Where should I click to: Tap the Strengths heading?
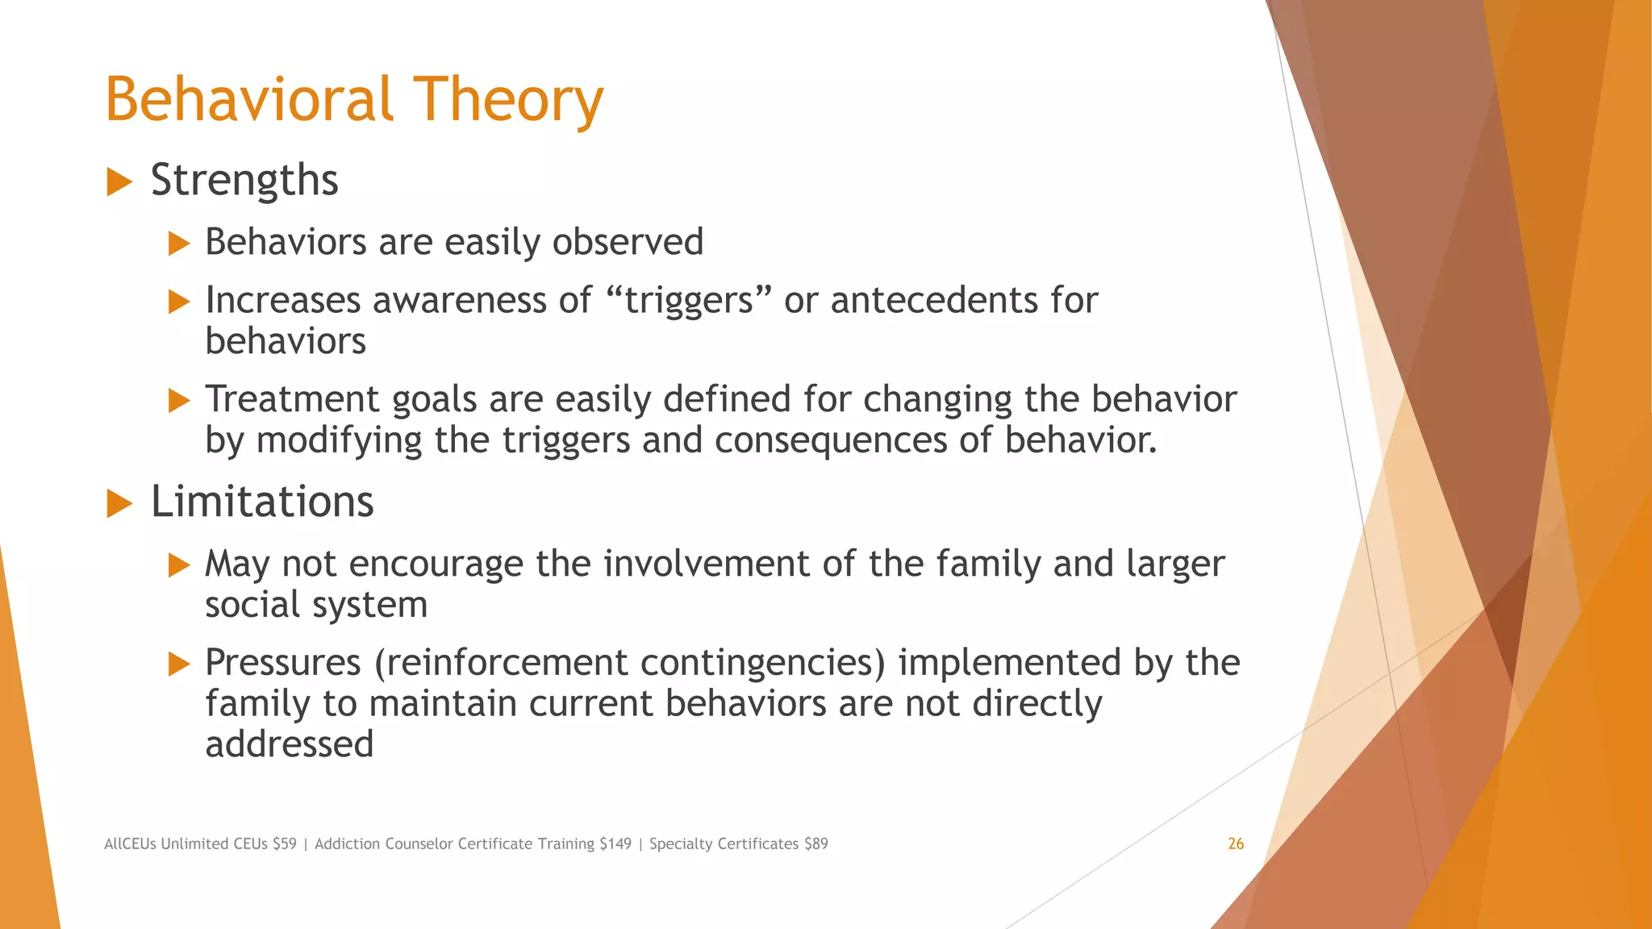click(244, 180)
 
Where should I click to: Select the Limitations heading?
click(262, 502)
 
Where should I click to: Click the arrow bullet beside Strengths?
click(119, 182)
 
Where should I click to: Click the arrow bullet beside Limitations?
click(119, 504)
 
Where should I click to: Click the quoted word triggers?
click(688, 301)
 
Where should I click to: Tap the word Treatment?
click(292, 399)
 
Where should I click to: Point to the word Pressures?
click(282, 662)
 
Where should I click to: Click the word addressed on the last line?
click(289, 744)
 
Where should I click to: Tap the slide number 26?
click(1236, 844)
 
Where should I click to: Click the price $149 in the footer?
click(615, 844)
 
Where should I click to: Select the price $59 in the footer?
click(285, 844)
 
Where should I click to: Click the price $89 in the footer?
click(816, 844)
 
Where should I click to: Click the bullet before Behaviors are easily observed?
click(179, 244)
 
